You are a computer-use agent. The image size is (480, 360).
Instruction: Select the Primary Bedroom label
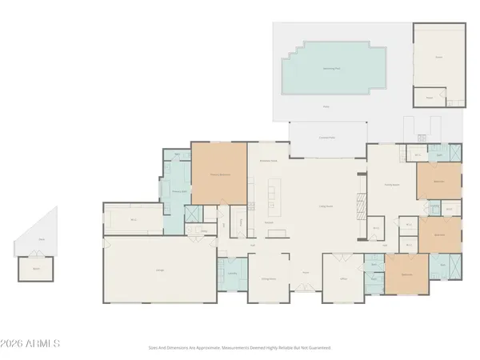[x=219, y=174]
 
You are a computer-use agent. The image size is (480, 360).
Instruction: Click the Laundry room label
[x=231, y=273]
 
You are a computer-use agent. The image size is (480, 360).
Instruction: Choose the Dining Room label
[x=270, y=278]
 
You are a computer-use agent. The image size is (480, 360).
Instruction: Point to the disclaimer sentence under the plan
[x=239, y=348]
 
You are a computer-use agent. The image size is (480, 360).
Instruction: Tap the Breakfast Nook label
[x=268, y=161]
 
